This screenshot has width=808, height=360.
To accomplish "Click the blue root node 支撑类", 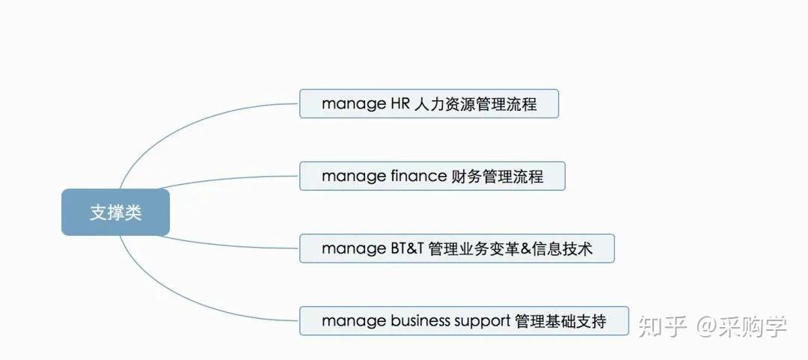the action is (x=115, y=212).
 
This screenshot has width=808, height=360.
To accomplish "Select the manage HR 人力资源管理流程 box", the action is (x=429, y=104).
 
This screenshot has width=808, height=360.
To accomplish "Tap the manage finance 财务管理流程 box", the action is (x=432, y=176).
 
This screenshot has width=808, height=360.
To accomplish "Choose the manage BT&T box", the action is (x=456, y=248).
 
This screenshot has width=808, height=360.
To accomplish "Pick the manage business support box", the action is (x=464, y=321).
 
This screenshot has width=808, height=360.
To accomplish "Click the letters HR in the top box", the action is (x=397, y=104).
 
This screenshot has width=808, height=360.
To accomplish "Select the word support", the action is (x=483, y=322).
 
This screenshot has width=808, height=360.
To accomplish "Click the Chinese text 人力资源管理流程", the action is (x=475, y=104).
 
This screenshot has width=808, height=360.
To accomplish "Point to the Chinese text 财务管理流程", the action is (x=498, y=176).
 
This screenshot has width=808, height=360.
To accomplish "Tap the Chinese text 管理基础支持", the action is (x=560, y=321).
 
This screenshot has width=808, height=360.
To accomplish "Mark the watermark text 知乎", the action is (x=663, y=326).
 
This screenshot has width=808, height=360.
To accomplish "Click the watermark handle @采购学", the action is (x=742, y=326).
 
